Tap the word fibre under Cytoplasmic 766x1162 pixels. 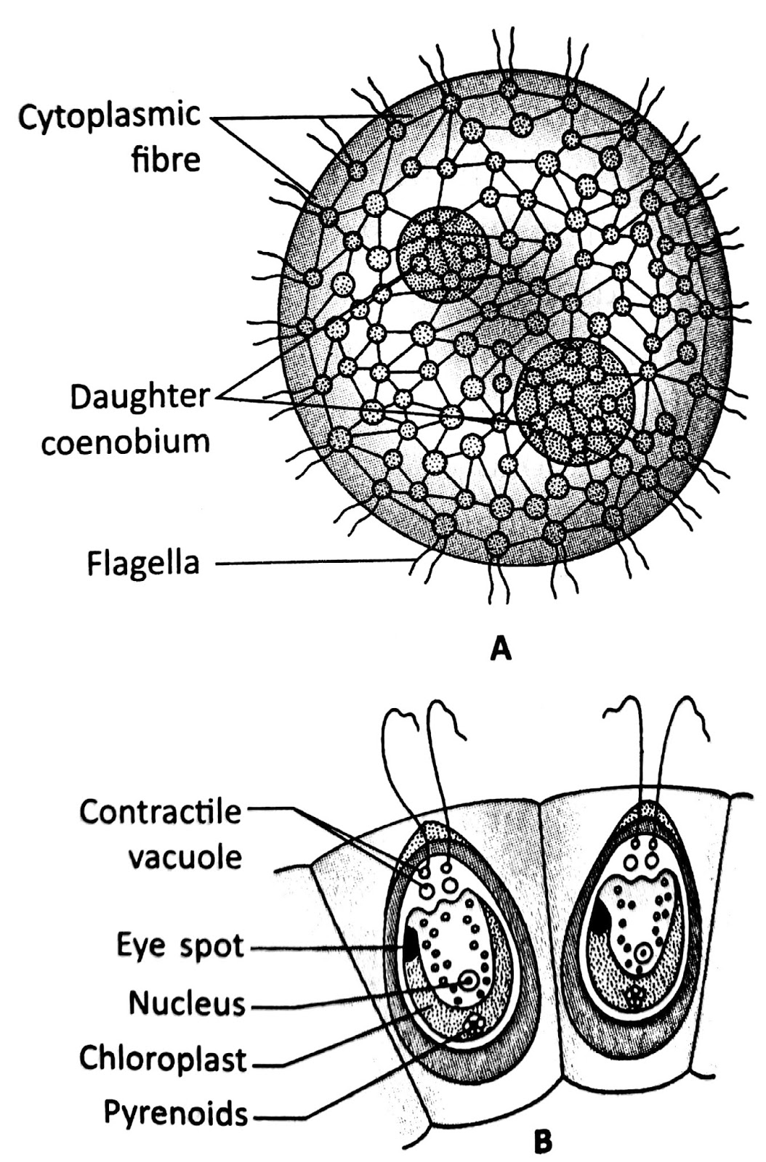tap(165, 159)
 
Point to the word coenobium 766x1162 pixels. tap(125, 442)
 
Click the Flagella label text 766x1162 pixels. tap(142, 563)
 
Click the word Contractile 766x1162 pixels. tap(160, 812)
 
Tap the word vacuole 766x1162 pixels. tap(185, 858)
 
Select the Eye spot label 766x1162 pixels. tap(180, 946)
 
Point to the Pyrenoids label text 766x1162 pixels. tap(175, 1112)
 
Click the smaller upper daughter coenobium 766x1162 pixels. tap(443, 253)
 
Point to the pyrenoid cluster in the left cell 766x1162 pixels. tap(475, 1026)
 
